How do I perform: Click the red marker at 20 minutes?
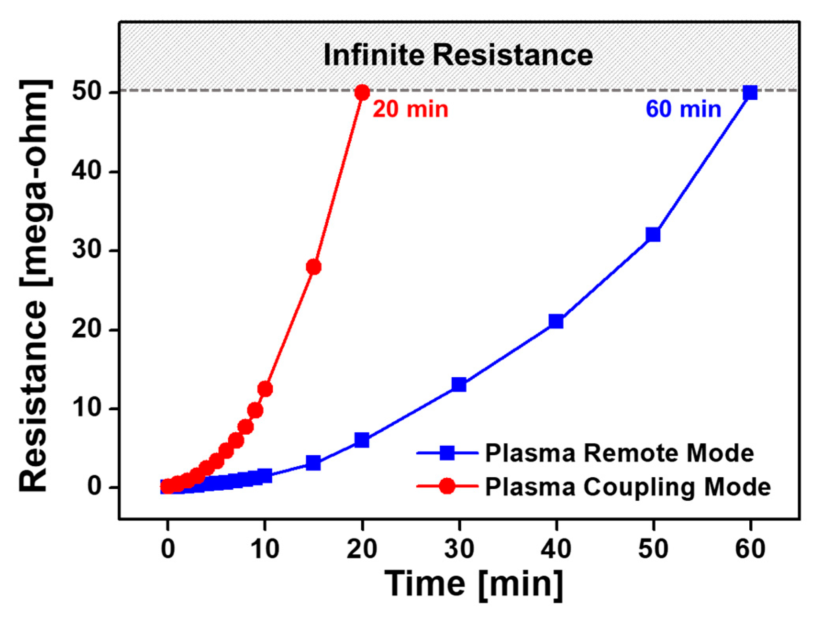coord(362,93)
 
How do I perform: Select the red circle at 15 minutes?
coord(313,267)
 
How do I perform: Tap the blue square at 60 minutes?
coord(750,93)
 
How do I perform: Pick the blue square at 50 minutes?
coord(653,235)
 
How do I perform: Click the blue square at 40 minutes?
coord(556,322)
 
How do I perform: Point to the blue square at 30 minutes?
coord(459,384)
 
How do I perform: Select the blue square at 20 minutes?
coord(362,440)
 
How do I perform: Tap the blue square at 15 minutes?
coord(313,463)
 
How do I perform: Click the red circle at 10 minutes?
coord(265,389)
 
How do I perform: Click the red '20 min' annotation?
coord(410,109)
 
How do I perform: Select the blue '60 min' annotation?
coord(683,109)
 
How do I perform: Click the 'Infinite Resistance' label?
coord(458,55)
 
